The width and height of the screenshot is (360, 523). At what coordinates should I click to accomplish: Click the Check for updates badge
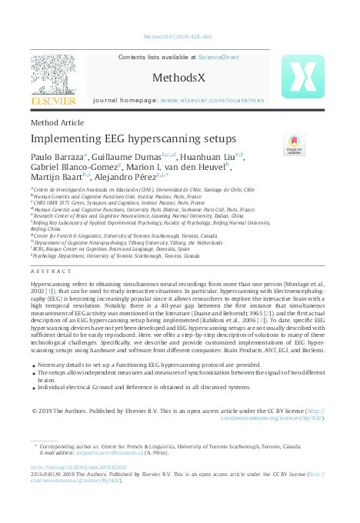(x=295, y=145)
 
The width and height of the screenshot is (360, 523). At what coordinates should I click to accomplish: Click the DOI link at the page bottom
(x=75, y=467)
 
